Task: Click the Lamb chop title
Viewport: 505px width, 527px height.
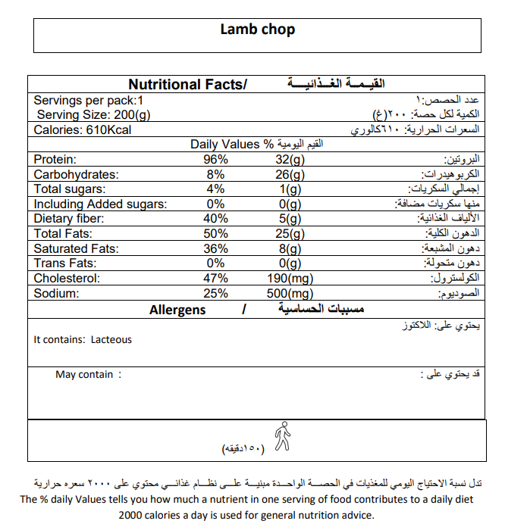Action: coord(257,30)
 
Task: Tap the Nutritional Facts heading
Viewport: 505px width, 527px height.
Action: coord(187,85)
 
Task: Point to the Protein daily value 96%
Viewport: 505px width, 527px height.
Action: coord(215,160)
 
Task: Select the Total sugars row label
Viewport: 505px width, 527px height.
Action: coord(70,189)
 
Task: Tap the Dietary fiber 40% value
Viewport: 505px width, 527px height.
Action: coord(215,219)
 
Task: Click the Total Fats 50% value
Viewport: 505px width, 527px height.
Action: coord(215,233)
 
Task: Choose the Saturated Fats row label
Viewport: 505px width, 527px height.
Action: coord(76,248)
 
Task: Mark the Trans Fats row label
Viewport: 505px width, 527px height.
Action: coord(65,263)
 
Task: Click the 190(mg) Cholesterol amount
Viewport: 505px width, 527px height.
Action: coord(290,278)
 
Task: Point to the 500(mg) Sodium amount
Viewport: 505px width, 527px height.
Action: coord(290,293)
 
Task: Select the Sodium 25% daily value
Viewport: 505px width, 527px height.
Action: coord(215,293)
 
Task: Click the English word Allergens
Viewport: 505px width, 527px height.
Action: coord(177,310)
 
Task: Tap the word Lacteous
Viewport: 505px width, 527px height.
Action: coord(111,340)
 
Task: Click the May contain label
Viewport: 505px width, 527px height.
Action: coord(84,375)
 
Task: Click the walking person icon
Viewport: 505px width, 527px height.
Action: coord(282,436)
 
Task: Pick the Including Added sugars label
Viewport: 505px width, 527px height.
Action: coord(100,204)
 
